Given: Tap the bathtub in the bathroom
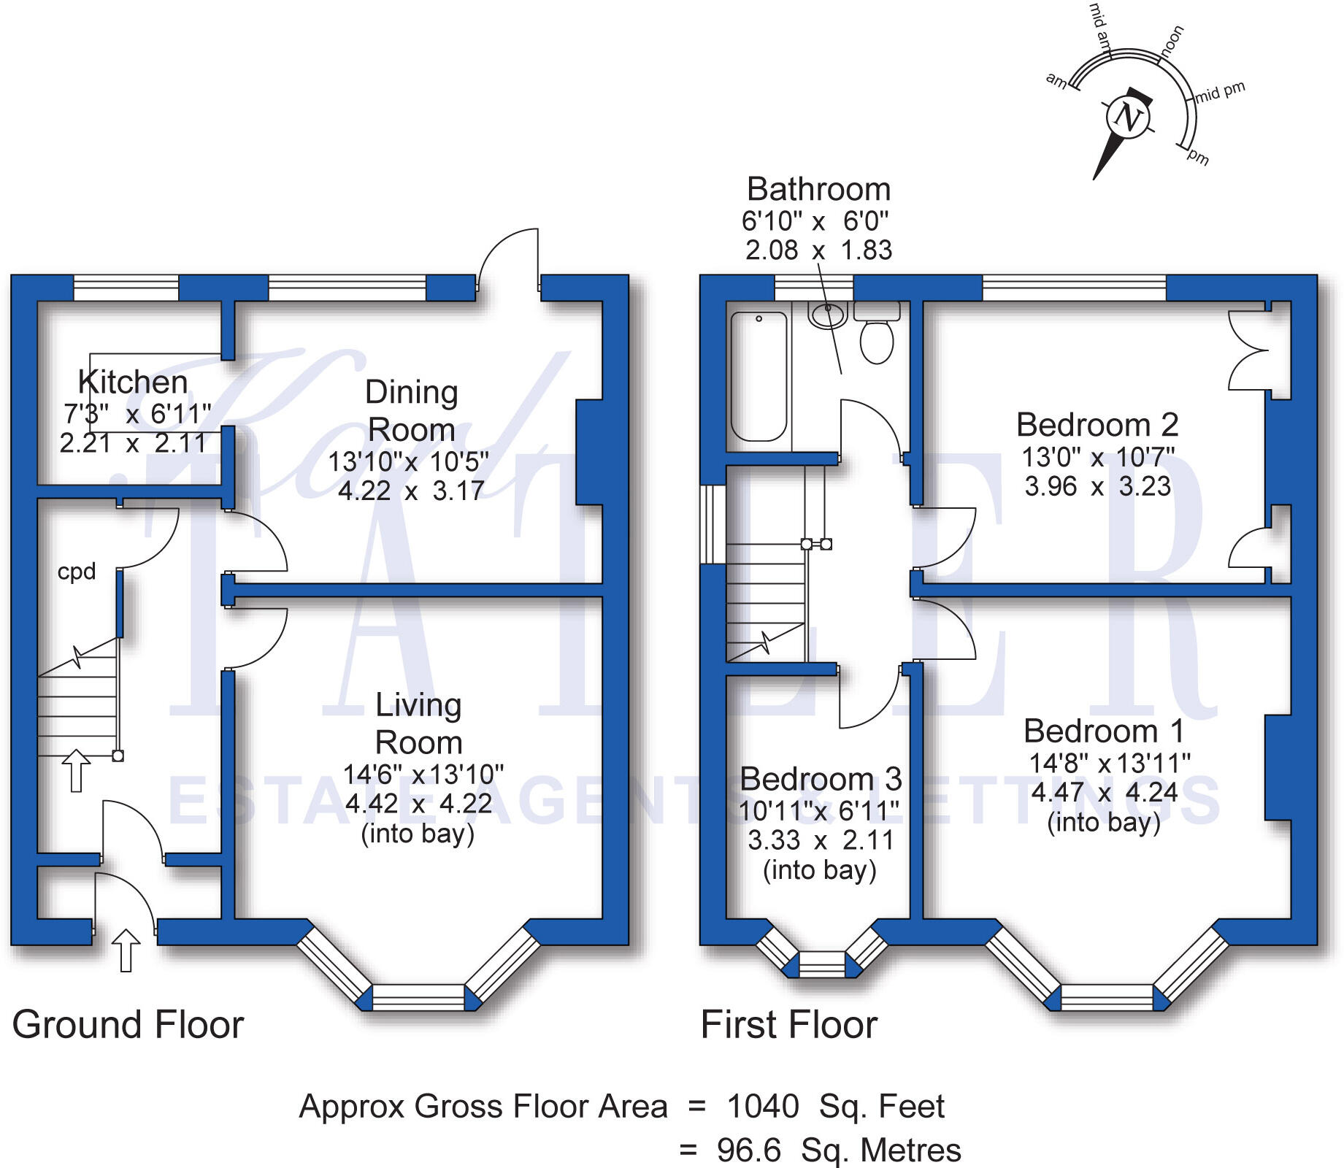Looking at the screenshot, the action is (x=759, y=377).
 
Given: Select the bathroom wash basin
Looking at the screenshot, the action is (x=827, y=315).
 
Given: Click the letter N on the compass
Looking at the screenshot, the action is (x=1129, y=117).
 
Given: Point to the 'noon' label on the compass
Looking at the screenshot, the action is (x=1171, y=41).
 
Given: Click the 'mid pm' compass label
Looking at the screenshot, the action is (x=1219, y=92).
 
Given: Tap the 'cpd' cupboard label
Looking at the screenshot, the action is (x=77, y=572).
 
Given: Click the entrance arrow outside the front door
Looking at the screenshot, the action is (x=126, y=950).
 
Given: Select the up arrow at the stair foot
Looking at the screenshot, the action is (x=76, y=771).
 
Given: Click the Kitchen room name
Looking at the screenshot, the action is (x=133, y=382).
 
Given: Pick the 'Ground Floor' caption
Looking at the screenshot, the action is (x=128, y=1024).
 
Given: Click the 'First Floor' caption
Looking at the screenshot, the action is (x=788, y=1024).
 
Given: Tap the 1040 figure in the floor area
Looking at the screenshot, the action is (x=763, y=1107).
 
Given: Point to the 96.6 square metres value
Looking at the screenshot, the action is (x=749, y=1150).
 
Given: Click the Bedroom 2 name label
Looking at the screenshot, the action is (x=1097, y=425).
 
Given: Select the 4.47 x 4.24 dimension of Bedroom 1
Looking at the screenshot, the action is (x=1105, y=793).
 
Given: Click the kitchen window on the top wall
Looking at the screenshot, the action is (x=126, y=288).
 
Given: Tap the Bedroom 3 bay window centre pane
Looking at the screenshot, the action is (x=822, y=964).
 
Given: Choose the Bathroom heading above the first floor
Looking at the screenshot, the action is (x=818, y=190).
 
